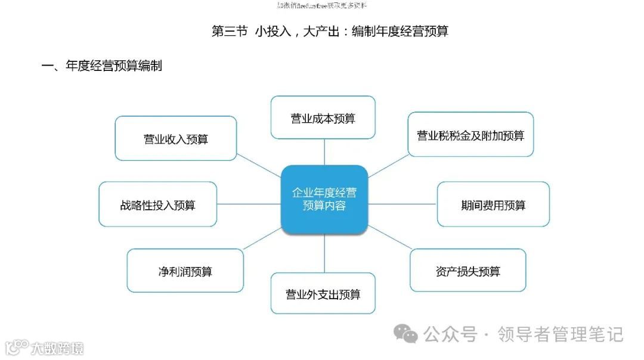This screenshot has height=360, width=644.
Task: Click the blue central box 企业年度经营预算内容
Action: (324, 199)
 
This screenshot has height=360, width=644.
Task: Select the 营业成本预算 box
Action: (323, 118)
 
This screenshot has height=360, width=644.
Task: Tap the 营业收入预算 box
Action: (176, 139)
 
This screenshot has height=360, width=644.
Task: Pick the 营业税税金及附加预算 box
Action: (470, 135)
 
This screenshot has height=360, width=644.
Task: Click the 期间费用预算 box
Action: (493, 204)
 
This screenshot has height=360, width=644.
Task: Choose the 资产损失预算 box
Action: (467, 271)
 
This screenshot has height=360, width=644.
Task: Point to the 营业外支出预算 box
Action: (323, 293)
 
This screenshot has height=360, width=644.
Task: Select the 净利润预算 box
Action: (185, 271)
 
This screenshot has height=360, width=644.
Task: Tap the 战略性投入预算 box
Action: (157, 204)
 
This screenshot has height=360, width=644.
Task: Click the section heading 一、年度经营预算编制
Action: (101, 66)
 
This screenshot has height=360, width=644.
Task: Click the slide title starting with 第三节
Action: (330, 32)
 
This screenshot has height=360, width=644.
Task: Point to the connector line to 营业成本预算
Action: (324, 152)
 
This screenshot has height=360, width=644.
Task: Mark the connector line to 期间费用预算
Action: (402, 204)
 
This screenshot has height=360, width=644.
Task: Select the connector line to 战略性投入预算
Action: (249, 204)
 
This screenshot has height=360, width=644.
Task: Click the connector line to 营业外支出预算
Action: (324, 253)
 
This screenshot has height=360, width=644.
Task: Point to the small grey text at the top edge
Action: (322, 5)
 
